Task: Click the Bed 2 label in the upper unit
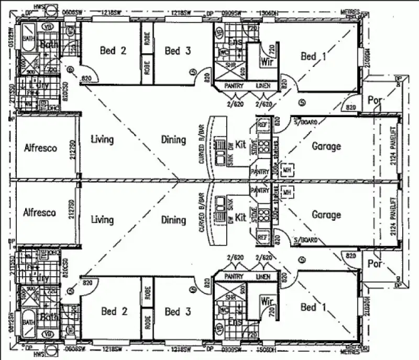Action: coord(113,51)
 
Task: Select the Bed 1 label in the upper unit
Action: coord(313,56)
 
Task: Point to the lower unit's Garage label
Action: coord(326,215)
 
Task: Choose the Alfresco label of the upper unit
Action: coord(40,148)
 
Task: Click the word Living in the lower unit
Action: coord(102,220)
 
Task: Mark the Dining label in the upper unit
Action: coord(173,140)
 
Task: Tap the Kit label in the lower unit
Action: coord(240,217)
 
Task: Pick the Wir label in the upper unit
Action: coord(267,61)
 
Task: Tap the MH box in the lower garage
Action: coord(286,193)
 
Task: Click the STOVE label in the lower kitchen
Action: coord(254,217)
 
